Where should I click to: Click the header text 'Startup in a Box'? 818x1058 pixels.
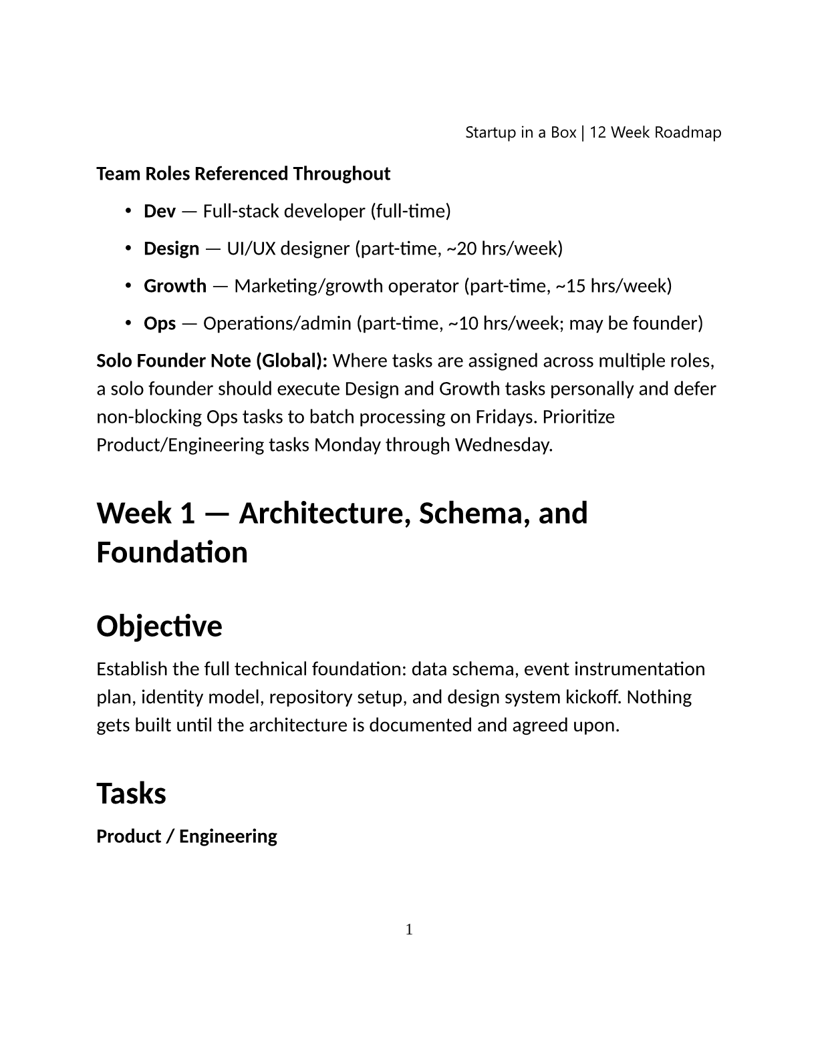tap(520, 132)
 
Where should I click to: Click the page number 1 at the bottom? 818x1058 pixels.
tap(409, 929)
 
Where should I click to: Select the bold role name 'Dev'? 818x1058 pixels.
tap(160, 211)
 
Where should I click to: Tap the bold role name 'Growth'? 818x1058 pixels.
tap(175, 286)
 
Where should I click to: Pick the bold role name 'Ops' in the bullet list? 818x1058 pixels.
tap(160, 323)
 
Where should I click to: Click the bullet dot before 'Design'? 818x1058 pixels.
tap(128, 248)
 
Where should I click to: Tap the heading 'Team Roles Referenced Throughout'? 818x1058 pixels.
tap(243, 174)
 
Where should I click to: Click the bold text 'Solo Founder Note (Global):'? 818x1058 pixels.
tap(212, 361)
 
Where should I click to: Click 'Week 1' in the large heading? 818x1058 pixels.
tap(146, 513)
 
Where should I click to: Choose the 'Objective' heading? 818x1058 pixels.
tap(159, 627)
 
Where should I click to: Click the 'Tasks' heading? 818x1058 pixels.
tap(131, 793)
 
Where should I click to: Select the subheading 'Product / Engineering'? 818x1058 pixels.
tap(186, 836)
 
